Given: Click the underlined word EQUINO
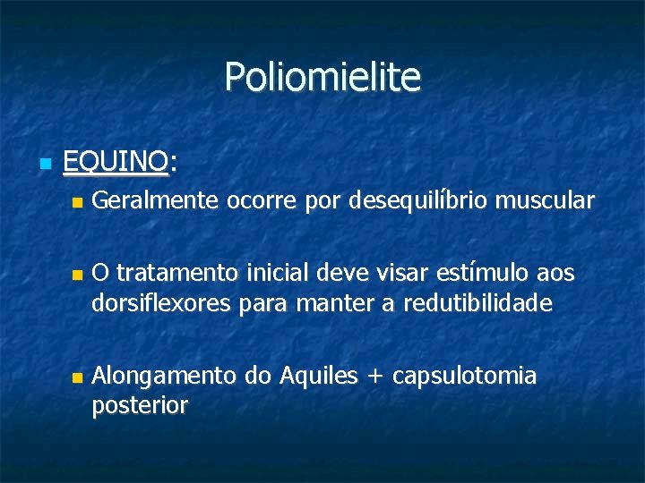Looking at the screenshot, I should (x=116, y=162).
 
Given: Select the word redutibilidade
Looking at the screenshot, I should (x=477, y=304).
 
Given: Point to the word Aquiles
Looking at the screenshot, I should (x=319, y=375).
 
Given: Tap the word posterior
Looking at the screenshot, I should (x=140, y=406).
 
